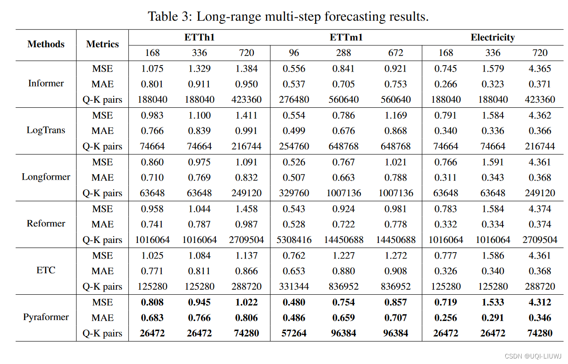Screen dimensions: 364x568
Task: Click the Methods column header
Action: [46, 44]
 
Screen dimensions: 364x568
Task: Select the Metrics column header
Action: [102, 44]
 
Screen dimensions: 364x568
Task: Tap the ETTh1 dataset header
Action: [199, 38]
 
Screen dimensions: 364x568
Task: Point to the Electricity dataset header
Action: [492, 38]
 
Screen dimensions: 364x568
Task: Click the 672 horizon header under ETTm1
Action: [396, 53]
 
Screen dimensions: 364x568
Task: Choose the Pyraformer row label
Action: [46, 317]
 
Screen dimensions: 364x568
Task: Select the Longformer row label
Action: [46, 177]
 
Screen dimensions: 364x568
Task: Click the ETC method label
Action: [46, 270]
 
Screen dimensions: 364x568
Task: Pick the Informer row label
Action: [46, 83]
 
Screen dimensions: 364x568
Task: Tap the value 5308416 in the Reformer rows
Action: [294, 240]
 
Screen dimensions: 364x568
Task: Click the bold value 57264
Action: [294, 333]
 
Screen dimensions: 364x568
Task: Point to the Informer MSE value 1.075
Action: [152, 69]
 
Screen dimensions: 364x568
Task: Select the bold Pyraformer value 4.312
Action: [540, 303]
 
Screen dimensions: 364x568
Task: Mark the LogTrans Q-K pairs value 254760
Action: [294, 146]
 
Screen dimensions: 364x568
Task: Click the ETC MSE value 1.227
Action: [344, 255]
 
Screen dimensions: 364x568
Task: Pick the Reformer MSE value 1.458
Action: [246, 209]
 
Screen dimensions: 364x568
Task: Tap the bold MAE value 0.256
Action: [445, 318]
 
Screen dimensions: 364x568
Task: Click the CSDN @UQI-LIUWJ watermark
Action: [533, 356]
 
